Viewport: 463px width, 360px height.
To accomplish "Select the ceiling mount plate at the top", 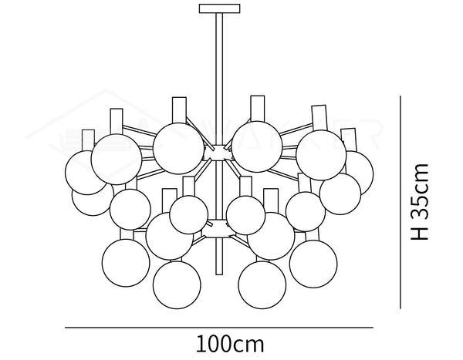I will tap(219, 9).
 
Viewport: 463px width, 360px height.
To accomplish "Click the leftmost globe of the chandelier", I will tap(85, 172).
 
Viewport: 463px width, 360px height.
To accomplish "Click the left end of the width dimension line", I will tap(65, 328).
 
